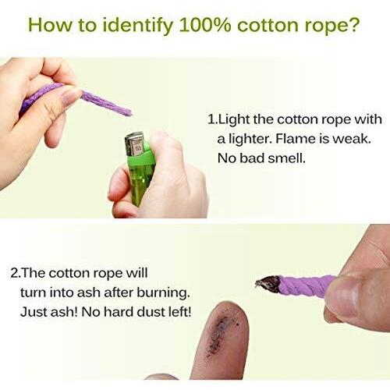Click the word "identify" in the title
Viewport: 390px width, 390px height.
tap(137, 26)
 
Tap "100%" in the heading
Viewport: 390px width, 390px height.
tap(205, 25)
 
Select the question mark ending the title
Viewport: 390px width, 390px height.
tap(353, 24)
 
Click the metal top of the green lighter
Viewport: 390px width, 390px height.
tap(134, 144)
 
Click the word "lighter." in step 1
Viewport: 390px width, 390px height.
tap(250, 140)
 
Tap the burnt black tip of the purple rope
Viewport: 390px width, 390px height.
tap(268, 284)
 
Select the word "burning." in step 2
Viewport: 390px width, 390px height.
tap(163, 293)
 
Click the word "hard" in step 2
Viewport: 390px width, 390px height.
tap(119, 312)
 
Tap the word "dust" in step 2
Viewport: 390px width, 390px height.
tap(151, 312)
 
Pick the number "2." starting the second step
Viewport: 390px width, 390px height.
tap(16, 274)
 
